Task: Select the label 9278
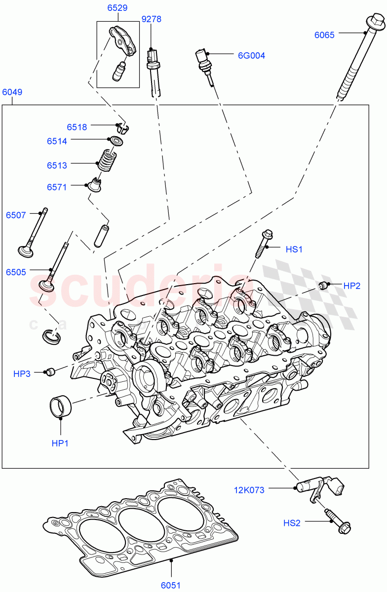coord(152,19)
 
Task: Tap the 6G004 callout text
coord(251,56)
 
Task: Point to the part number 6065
coord(324,35)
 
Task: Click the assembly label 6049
coord(12,92)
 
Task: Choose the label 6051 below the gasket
coord(170,586)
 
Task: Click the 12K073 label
coord(249,490)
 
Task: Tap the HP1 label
coord(60,444)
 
